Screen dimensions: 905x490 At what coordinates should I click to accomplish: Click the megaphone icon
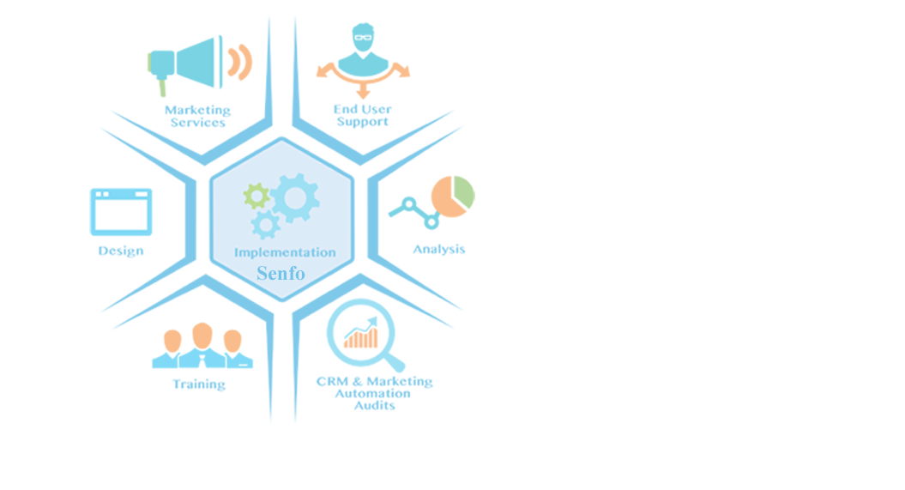point(199,64)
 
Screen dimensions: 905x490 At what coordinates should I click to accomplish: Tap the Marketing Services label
point(197,116)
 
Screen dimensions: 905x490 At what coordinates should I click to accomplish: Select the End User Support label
point(363,115)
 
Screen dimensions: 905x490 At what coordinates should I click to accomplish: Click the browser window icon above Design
point(121,212)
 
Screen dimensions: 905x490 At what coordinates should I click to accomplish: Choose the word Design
point(121,251)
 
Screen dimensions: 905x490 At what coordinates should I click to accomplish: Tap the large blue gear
point(295,198)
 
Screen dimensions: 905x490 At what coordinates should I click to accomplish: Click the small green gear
point(256,197)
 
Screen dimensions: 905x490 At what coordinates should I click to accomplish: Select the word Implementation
point(285,252)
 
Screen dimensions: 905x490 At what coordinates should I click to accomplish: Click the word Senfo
point(281,273)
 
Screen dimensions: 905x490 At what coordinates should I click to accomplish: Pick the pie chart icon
point(453,197)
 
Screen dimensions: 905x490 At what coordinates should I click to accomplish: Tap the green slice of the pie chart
point(464,191)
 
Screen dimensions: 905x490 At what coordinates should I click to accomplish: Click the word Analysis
point(438,250)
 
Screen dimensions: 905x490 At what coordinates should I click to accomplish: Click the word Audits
point(375,406)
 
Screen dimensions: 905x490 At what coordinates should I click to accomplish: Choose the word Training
point(198,384)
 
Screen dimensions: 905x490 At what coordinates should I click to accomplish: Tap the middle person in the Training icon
point(202,345)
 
